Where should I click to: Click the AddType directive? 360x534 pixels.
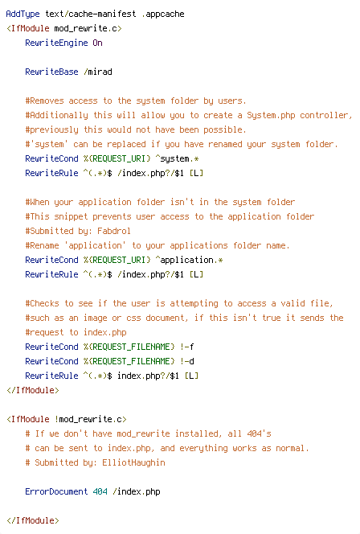point(22,14)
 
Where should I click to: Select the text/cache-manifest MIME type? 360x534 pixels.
point(91,14)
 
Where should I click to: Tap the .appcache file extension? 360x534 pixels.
point(163,14)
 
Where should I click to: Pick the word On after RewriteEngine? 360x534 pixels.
point(98,43)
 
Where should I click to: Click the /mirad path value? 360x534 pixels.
point(98,72)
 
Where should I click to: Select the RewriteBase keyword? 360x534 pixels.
point(51,72)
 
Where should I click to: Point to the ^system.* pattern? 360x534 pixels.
point(178,158)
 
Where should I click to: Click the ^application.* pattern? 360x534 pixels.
point(189,260)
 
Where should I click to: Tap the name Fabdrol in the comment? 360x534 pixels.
point(114,231)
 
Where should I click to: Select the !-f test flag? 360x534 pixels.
point(187,347)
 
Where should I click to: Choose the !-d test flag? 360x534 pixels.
point(187,361)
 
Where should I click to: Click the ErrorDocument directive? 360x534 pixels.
point(56,491)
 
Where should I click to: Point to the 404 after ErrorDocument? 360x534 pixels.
point(100,491)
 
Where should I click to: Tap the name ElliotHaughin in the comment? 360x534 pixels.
point(133,462)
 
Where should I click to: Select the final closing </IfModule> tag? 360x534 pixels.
point(33,520)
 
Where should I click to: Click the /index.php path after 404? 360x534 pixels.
point(137,491)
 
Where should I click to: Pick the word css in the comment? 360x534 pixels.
point(133,318)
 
